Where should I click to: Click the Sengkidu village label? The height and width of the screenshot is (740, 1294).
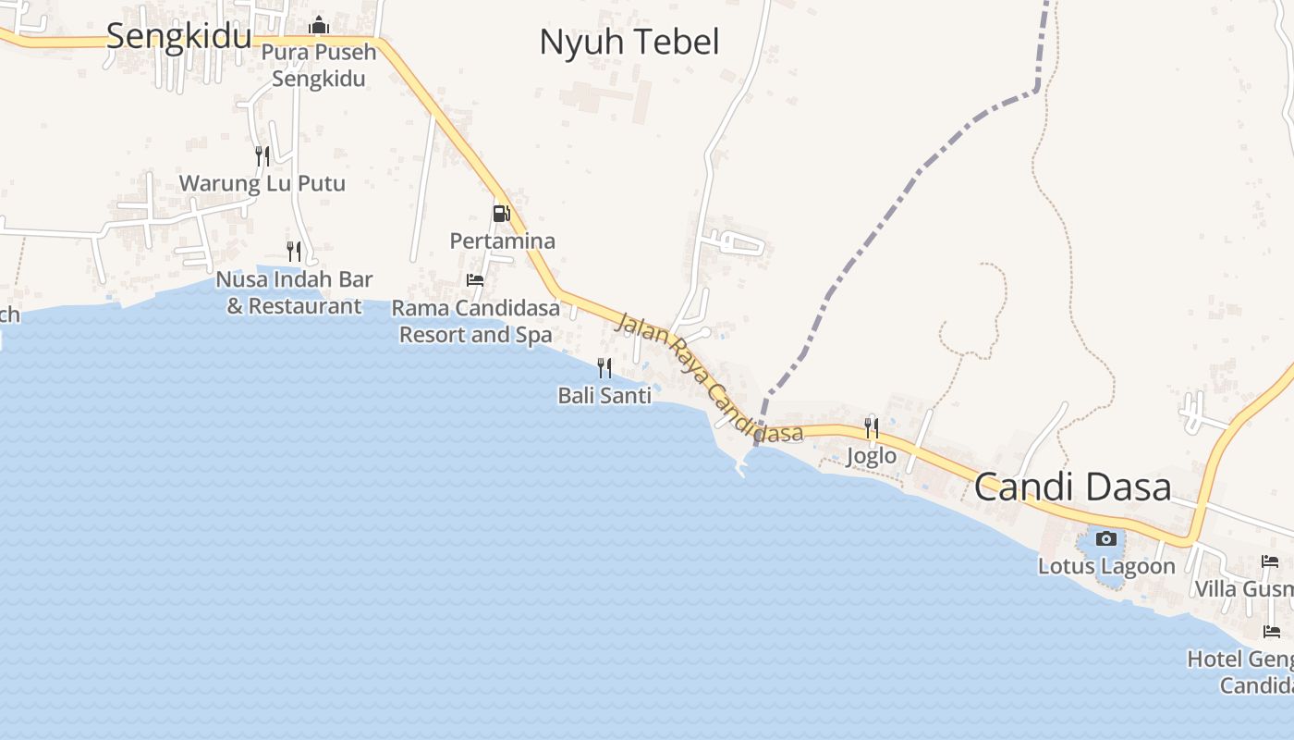click(178, 36)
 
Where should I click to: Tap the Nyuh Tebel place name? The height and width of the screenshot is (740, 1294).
click(629, 42)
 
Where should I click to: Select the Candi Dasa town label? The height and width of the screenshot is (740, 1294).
click(1072, 487)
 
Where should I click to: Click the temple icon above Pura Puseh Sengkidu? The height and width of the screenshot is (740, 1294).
click(319, 25)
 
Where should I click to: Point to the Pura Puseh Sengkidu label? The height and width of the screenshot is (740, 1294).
click(319, 65)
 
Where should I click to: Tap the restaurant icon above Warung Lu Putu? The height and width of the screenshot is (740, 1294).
click(262, 155)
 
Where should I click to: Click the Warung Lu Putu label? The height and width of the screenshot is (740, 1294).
click(262, 183)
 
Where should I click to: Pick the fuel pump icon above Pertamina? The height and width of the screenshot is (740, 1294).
click(501, 214)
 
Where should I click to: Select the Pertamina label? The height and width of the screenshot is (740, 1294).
click(502, 241)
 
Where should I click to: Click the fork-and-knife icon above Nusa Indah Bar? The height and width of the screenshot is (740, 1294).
click(294, 251)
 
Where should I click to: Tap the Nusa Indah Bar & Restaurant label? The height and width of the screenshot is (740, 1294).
click(294, 292)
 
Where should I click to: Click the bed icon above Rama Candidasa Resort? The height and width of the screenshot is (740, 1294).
click(475, 279)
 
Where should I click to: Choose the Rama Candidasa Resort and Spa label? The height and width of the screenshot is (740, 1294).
click(475, 321)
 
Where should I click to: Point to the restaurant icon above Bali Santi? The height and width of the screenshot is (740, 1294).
click(604, 368)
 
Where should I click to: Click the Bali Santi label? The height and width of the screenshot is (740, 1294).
click(604, 396)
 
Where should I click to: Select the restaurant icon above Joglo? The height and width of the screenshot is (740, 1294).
click(872, 427)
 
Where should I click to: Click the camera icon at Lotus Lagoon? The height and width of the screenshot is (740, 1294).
click(1105, 538)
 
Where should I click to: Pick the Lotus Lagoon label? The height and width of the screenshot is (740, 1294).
click(1106, 566)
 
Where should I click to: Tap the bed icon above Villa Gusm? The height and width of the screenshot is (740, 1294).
click(1270, 561)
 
